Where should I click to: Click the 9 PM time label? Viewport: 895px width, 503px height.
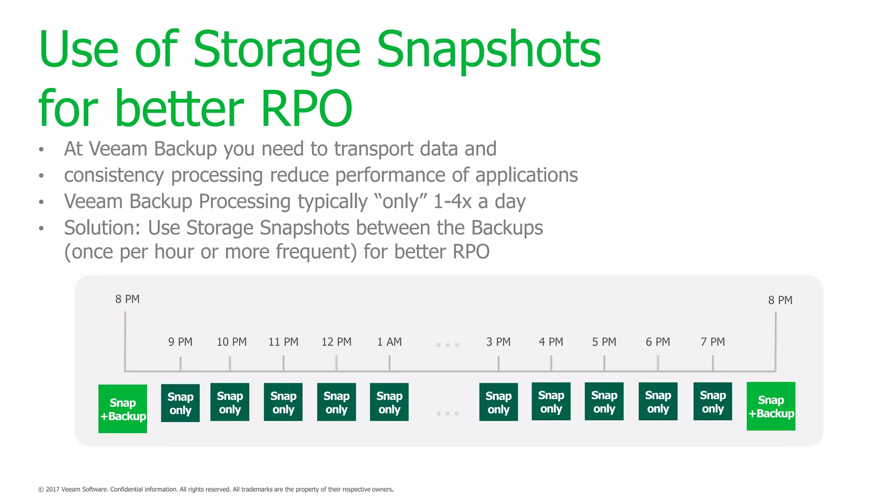pos(180,342)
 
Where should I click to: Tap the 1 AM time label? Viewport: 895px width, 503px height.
pos(389,342)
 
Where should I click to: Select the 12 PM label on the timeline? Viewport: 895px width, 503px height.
pos(336,342)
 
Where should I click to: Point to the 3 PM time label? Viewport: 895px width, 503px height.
pos(498,342)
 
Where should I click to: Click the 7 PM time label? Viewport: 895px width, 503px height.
pos(712,342)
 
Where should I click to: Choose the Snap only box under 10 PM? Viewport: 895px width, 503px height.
pos(230,402)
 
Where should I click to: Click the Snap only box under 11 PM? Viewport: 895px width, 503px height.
pos(283,402)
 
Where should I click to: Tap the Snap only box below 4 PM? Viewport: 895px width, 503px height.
pos(551,402)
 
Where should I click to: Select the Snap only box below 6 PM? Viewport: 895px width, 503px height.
pos(658,402)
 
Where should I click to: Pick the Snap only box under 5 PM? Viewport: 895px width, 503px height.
pos(604,402)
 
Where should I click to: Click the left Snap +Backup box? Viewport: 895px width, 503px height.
pos(123,409)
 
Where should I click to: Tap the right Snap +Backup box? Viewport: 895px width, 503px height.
pos(771,407)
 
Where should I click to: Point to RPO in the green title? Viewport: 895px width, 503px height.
pos(306,108)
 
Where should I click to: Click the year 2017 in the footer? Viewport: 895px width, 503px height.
pos(52,489)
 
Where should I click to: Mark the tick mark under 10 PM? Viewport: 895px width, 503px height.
pos(230,363)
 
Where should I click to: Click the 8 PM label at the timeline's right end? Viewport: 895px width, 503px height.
pos(780,300)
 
